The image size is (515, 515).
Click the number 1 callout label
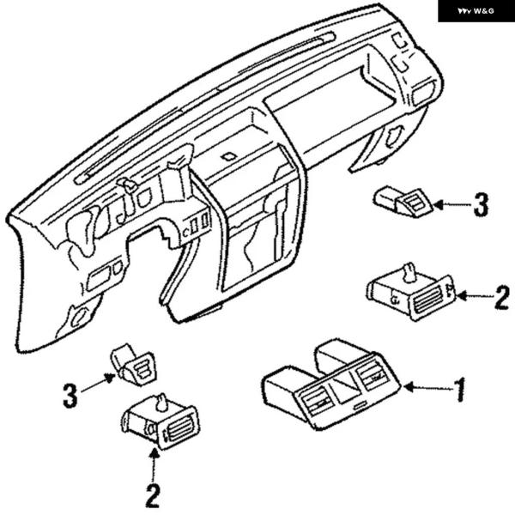pyautogui.click(x=460, y=390)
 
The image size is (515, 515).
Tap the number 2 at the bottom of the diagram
pyautogui.click(x=153, y=495)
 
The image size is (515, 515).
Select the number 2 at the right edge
pyautogui.click(x=502, y=298)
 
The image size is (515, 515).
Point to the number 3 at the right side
pyautogui.click(x=481, y=204)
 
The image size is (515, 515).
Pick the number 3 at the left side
pyautogui.click(x=70, y=396)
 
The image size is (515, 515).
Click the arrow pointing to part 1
pyautogui.click(x=427, y=387)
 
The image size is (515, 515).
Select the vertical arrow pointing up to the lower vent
pyautogui.click(x=154, y=465)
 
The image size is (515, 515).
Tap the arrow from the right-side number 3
pyautogui.click(x=452, y=205)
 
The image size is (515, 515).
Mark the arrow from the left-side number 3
pyautogui.click(x=98, y=384)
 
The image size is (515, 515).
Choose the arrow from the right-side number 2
pyautogui.click(x=475, y=296)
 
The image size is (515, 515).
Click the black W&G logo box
pyautogui.click(x=476, y=11)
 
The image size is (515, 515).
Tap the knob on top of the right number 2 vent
pyautogui.click(x=409, y=272)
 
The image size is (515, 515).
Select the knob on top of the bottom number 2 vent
pyautogui.click(x=161, y=403)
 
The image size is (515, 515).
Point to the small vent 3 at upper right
pyautogui.click(x=403, y=201)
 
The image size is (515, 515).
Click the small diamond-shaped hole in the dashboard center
pyautogui.click(x=229, y=156)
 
